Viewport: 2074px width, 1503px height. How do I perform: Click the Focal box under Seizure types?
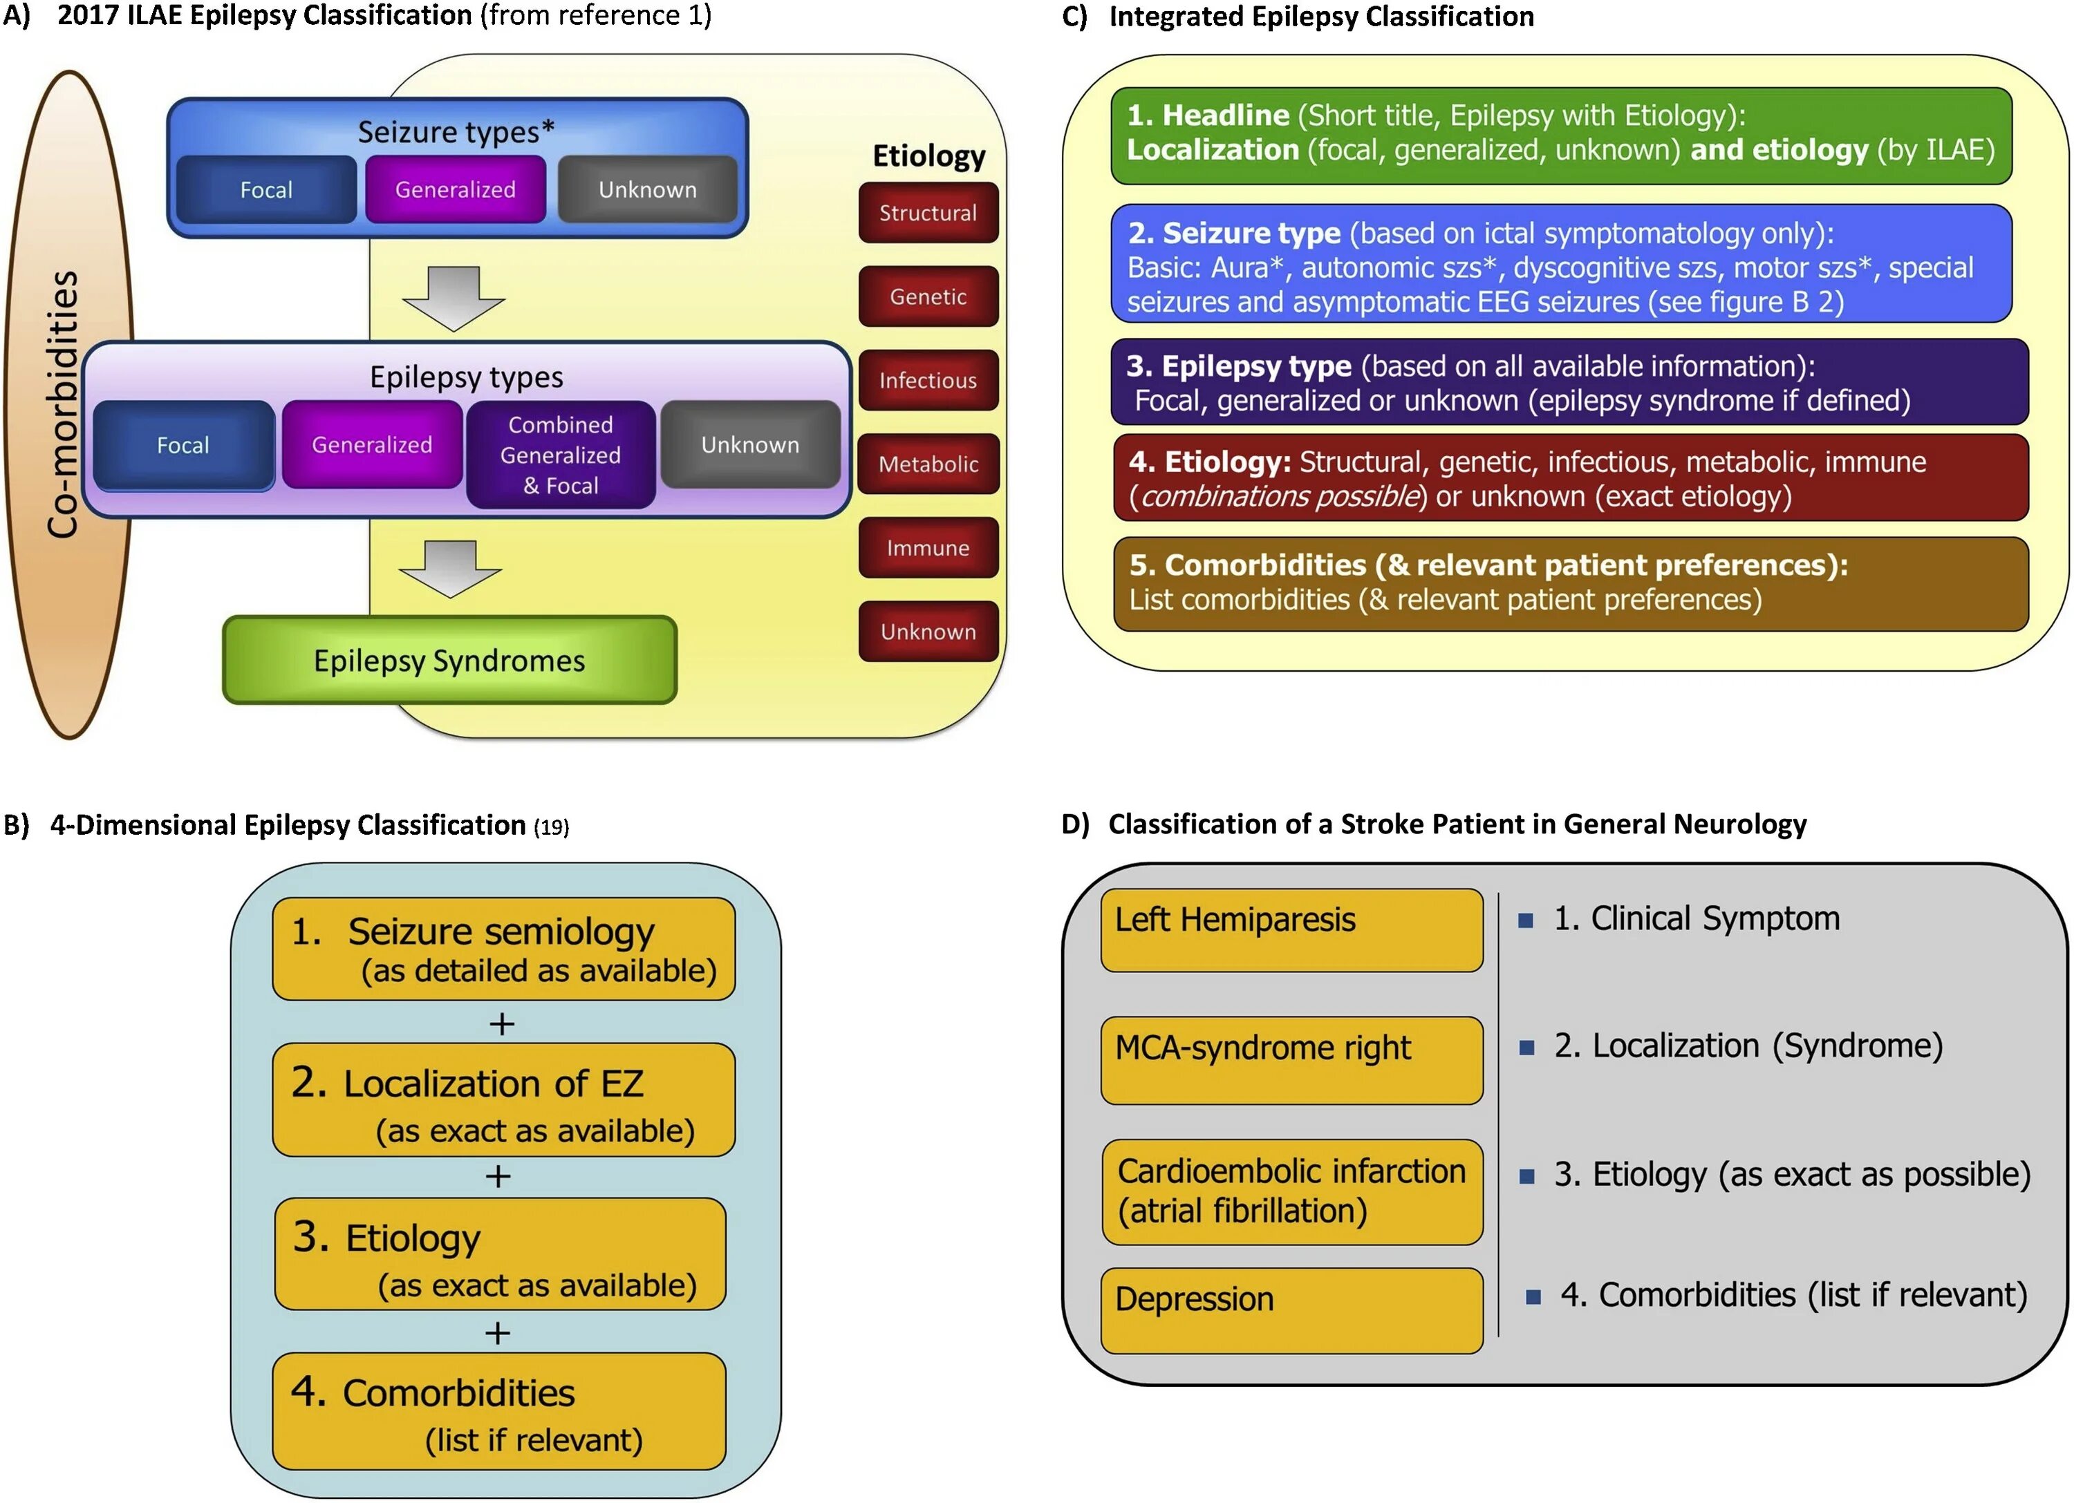266,189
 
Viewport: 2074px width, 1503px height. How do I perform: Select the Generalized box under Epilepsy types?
372,445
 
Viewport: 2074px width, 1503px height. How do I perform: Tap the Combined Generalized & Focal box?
561,455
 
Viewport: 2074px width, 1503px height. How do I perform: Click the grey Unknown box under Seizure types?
648,189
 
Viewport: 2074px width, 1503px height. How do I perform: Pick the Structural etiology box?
928,213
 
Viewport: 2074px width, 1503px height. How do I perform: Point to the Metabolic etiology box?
928,464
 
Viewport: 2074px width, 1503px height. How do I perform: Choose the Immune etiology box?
928,547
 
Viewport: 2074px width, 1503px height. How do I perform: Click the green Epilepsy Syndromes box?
449,660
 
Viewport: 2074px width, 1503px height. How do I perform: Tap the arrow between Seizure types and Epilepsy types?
454,298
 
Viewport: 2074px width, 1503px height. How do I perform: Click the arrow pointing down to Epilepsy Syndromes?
451,569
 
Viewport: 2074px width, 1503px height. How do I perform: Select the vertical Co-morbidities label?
62,404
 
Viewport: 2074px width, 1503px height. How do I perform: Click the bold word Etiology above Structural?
929,155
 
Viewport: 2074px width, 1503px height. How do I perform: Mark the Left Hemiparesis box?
1291,929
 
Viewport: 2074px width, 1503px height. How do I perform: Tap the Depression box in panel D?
1291,1310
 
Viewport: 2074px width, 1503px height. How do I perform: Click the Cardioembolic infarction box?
1291,1191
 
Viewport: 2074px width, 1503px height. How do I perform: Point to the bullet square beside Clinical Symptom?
1525,920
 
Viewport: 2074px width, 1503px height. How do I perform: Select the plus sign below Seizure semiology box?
501,1023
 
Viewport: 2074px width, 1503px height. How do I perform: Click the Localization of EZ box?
504,1100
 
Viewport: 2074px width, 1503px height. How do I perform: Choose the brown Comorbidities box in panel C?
1571,583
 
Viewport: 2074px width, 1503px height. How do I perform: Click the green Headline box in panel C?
1561,135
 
